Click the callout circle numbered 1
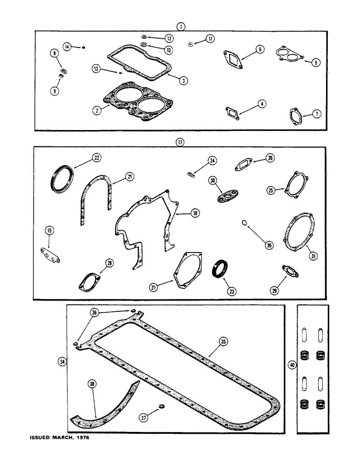pyautogui.click(x=180, y=27)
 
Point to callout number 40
pyautogui.click(x=292, y=365)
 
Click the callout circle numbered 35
pyautogui.click(x=223, y=342)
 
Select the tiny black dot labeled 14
pyautogui.click(x=83, y=47)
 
